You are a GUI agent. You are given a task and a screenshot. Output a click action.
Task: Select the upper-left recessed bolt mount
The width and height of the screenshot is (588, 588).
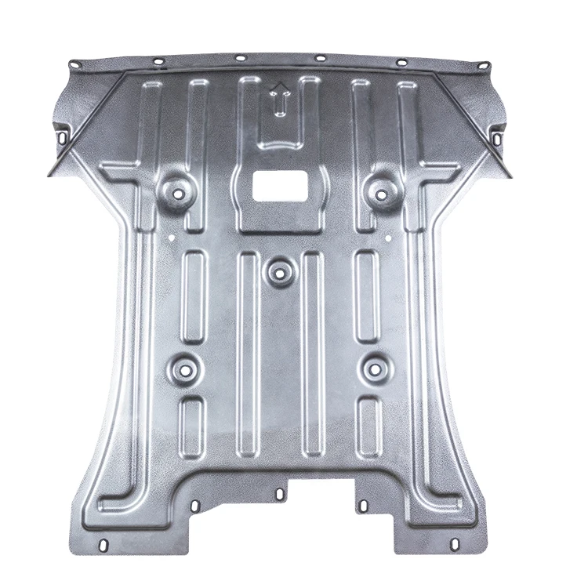click(177, 190)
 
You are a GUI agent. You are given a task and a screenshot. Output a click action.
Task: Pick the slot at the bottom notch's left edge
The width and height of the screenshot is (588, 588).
click(280, 493)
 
